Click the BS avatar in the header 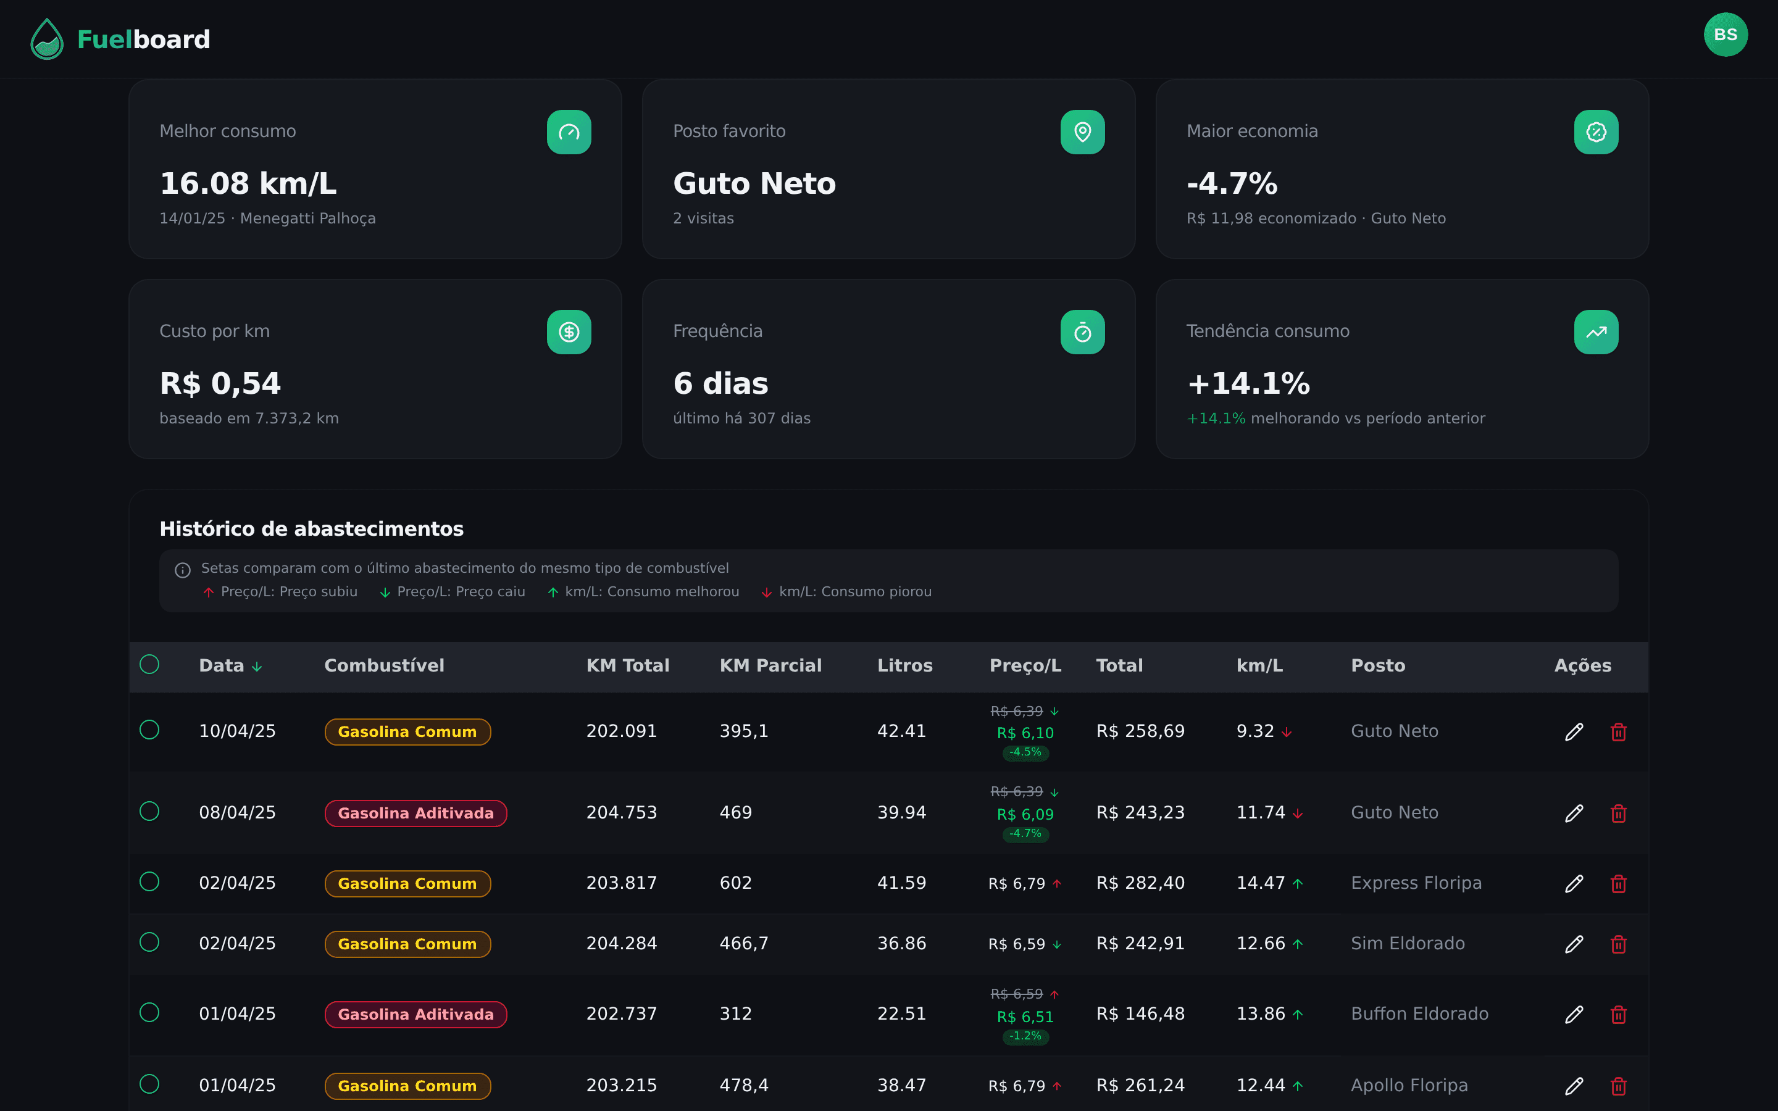pyautogui.click(x=1725, y=35)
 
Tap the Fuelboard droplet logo pyautogui.click(x=47, y=39)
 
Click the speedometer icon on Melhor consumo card pyautogui.click(x=569, y=132)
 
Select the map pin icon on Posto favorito pyautogui.click(x=1082, y=132)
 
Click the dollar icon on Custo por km pyautogui.click(x=569, y=332)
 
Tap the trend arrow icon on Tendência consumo pyautogui.click(x=1596, y=332)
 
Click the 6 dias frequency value pyautogui.click(x=720, y=383)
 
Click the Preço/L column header pyautogui.click(x=1025, y=666)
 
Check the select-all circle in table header pyautogui.click(x=149, y=664)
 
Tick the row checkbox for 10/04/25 pyautogui.click(x=149, y=730)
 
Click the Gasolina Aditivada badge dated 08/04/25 pyautogui.click(x=416, y=813)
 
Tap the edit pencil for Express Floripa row pyautogui.click(x=1574, y=883)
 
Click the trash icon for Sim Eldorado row pyautogui.click(x=1619, y=944)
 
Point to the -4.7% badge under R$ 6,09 pyautogui.click(x=1025, y=833)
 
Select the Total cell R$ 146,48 pyautogui.click(x=1140, y=1014)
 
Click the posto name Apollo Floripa pyautogui.click(x=1408, y=1085)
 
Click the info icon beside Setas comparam pyautogui.click(x=183, y=570)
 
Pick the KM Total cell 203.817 pyautogui.click(x=622, y=883)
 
